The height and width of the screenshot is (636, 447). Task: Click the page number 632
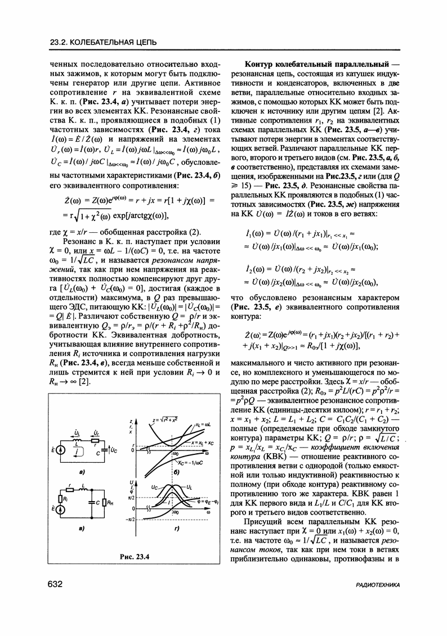coord(53,585)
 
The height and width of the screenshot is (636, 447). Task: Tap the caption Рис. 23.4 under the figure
coord(134,557)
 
